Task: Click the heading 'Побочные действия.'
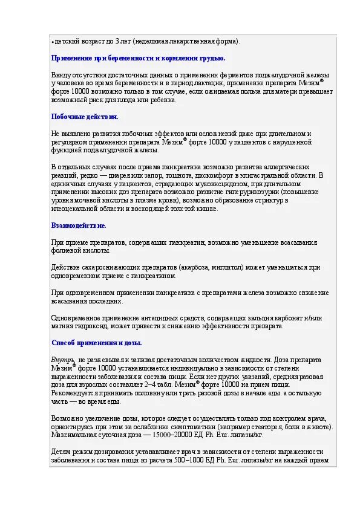coord(85,117)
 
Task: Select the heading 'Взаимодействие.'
coord(79,225)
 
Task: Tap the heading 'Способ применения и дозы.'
coord(97,343)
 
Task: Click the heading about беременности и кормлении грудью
coord(138,58)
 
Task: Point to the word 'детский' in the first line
coord(65,41)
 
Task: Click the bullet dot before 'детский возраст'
coord(53,42)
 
